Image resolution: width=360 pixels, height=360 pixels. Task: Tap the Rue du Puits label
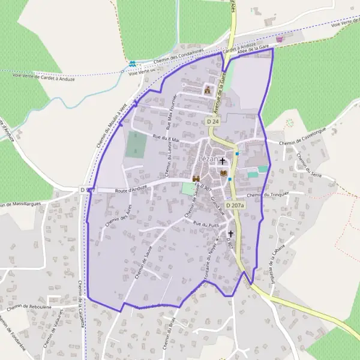[205, 224]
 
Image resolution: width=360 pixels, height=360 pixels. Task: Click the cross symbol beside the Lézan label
[223, 161]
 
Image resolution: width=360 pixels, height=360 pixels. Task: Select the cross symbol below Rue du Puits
[230, 233]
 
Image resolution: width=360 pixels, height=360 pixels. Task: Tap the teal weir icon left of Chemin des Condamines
[132, 63]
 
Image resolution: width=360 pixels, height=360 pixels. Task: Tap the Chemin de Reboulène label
[28, 307]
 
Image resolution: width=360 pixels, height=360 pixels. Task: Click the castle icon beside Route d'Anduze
[196, 179]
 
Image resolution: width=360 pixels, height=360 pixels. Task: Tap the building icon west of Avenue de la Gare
[208, 90]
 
